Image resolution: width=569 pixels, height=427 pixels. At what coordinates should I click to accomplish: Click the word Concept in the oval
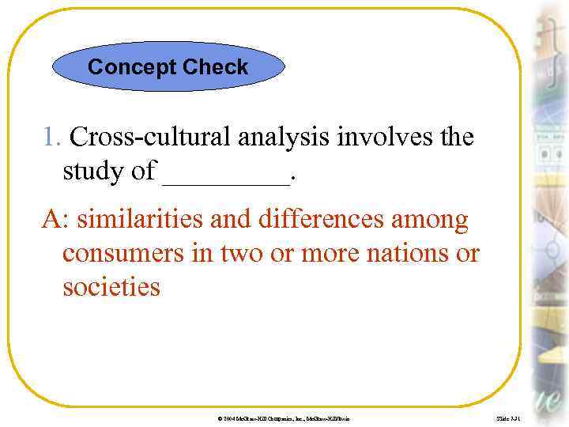132,67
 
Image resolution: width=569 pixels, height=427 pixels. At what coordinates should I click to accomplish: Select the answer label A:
56,219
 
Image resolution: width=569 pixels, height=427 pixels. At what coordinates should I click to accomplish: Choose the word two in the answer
232,254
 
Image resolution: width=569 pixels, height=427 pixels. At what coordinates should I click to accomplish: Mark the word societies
111,287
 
